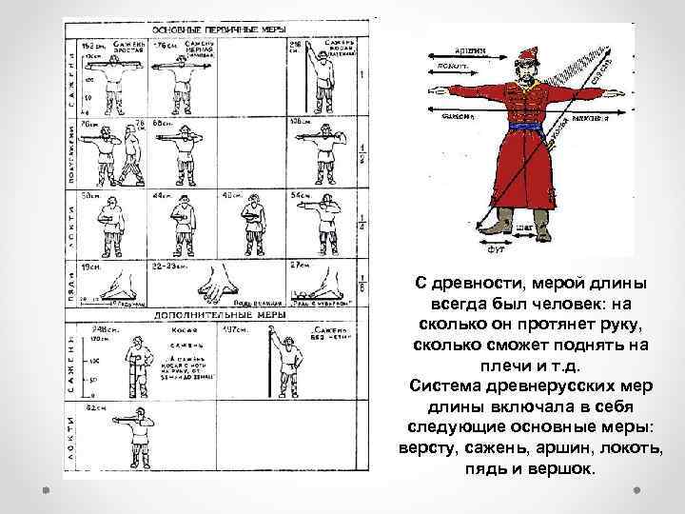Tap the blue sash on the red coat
523,128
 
